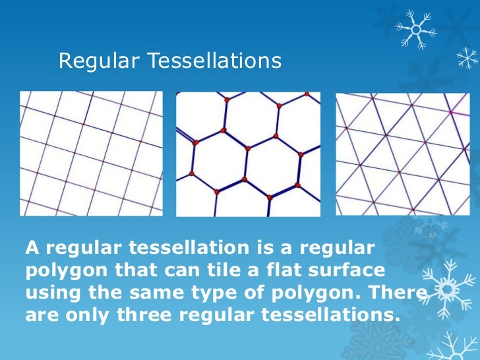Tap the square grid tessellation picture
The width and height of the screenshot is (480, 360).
tap(91, 153)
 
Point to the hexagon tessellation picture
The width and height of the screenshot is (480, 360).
tap(249, 154)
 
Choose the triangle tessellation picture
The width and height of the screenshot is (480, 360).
tap(403, 153)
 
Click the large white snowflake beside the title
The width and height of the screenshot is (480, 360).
tap(416, 29)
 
